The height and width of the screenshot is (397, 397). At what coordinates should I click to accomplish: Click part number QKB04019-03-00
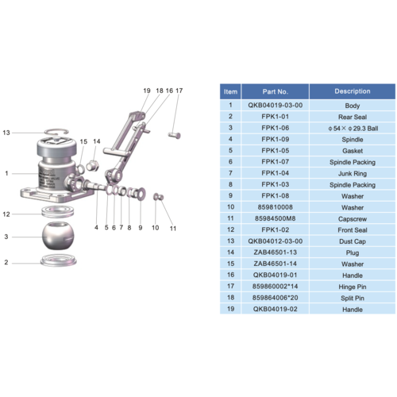tap(275, 105)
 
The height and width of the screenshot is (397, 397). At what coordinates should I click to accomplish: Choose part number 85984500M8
tap(275, 218)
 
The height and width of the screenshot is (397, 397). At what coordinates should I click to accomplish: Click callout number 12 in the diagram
tap(6, 214)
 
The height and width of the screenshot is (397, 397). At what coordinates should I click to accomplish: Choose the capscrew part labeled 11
tap(159, 196)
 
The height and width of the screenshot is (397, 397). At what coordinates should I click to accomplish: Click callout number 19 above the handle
tap(146, 91)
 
